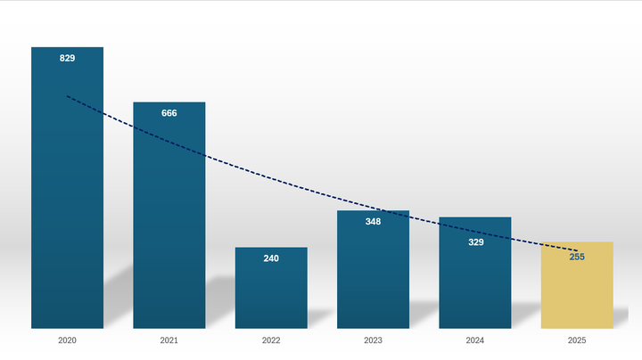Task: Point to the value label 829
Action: click(x=67, y=58)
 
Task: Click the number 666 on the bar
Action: click(x=169, y=113)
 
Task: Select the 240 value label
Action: click(x=271, y=258)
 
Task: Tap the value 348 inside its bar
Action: click(x=373, y=222)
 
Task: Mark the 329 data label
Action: click(x=475, y=241)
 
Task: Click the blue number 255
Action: click(x=577, y=257)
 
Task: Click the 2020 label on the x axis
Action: click(x=67, y=340)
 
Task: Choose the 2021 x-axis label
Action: click(x=169, y=340)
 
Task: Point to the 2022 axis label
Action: click(x=271, y=340)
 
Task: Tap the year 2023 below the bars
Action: click(x=373, y=340)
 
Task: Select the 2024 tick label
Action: click(x=475, y=340)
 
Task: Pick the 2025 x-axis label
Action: click(x=577, y=340)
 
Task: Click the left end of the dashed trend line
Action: click(x=67, y=96)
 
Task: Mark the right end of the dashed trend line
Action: click(x=577, y=250)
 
